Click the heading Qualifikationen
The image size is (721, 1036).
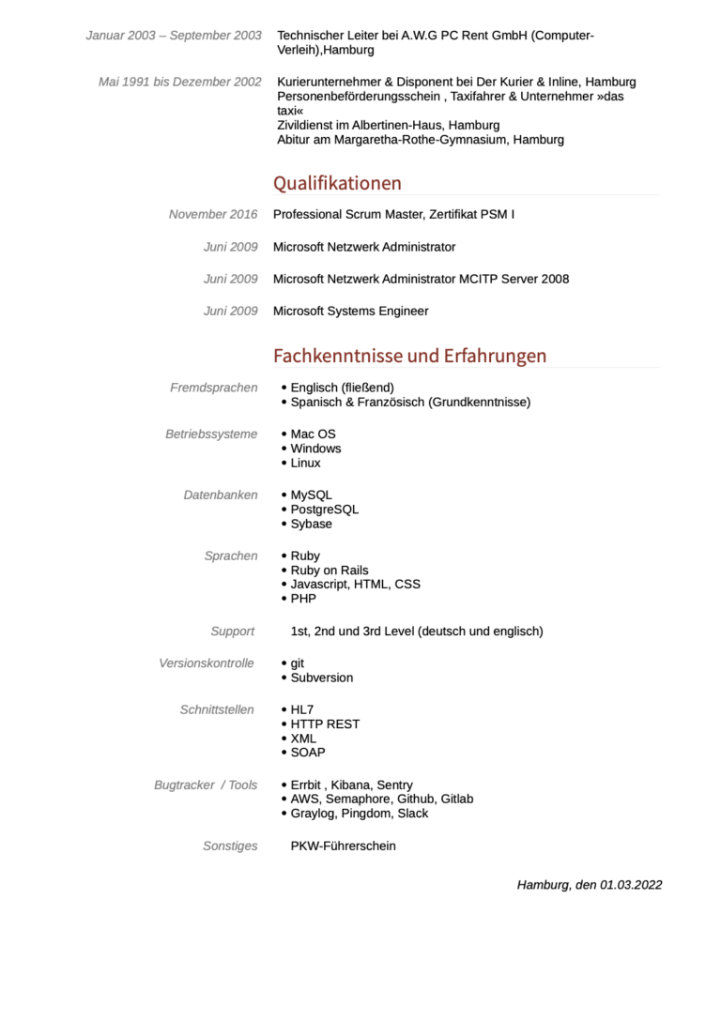pos(337,183)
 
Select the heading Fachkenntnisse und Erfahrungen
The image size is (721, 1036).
pos(409,356)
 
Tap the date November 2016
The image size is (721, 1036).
pos(213,214)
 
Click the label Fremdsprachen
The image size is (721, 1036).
pos(213,388)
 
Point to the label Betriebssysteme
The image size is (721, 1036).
pos(211,434)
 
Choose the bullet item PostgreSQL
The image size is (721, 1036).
pos(324,510)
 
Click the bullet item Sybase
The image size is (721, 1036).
pos(311,524)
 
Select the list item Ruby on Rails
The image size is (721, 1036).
pos(329,570)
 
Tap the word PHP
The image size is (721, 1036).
pos(303,598)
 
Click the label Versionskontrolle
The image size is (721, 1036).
pos(207,663)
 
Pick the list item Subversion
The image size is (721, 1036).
pos(321,678)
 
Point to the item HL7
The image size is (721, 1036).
pos(302,709)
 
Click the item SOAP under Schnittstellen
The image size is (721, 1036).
pos(308,752)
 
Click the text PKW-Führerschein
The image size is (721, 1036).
pos(343,846)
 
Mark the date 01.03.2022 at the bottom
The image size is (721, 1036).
pos(632,884)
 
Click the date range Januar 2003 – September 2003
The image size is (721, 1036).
pos(174,36)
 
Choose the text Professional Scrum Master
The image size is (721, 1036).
pos(347,214)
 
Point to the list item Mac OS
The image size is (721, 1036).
pos(313,434)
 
